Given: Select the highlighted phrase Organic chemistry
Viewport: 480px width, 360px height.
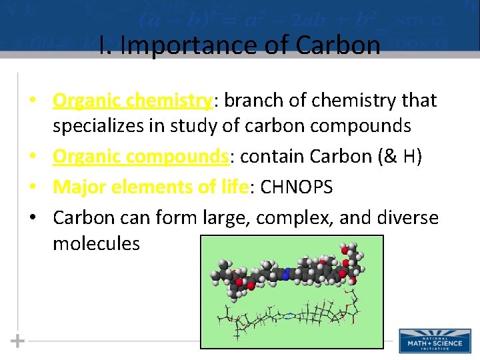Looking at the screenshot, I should click(132, 101).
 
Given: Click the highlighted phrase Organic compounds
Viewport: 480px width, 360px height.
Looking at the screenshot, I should click(141, 157).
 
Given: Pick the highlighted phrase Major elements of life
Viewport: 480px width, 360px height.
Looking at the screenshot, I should click(151, 187).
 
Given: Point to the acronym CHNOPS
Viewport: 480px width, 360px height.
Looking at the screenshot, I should click(297, 187).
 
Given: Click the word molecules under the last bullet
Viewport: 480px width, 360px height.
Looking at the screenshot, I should click(96, 243).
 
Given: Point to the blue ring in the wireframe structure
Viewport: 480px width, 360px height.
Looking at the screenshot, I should click(287, 317).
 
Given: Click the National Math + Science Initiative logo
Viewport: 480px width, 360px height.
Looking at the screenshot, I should click(434, 340).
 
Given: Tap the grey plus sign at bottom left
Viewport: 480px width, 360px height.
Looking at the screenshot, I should click(17, 341).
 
